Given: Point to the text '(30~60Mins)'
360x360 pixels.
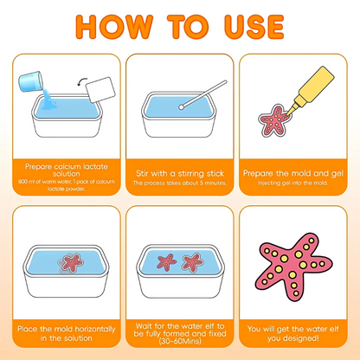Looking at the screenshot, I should click(x=180, y=340).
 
